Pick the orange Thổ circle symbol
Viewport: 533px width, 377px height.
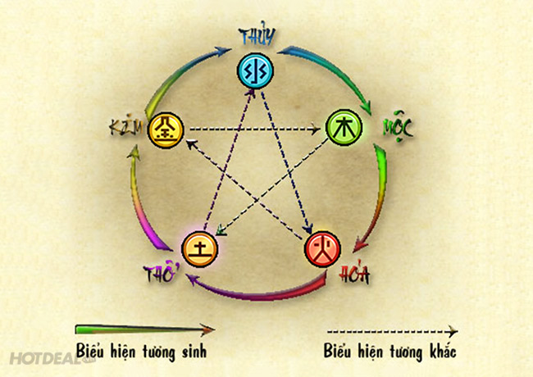point(198,246)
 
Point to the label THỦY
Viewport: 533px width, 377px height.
point(257,36)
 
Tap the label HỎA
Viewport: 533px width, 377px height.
point(353,275)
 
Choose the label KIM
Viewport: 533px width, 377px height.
point(125,127)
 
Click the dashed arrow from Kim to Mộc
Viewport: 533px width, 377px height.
point(250,128)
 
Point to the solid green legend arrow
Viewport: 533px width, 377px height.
point(144,329)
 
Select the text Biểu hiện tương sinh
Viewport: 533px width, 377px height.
point(141,352)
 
